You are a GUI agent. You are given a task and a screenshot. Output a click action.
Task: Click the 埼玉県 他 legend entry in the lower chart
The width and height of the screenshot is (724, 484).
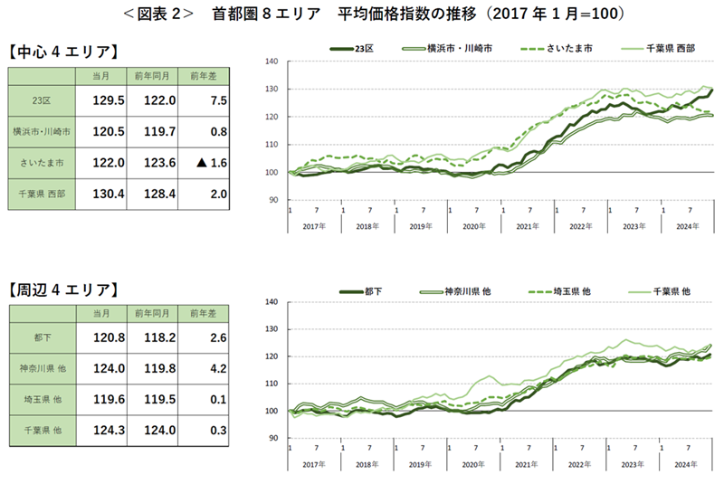click(565, 291)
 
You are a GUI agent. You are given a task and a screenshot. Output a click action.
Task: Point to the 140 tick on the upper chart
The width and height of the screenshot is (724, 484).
click(271, 62)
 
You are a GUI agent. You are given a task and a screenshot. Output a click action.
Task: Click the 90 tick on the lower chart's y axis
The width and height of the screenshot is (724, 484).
click(272, 439)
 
